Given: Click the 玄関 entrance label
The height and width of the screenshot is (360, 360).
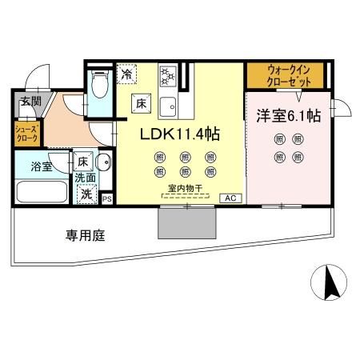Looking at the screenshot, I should pyautogui.click(x=31, y=102).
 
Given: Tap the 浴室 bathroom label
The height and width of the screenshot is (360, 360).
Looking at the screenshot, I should pyautogui.click(x=41, y=167).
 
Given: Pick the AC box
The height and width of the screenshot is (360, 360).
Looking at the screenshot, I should pyautogui.click(x=228, y=198).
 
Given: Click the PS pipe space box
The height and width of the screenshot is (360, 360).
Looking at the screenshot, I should pyautogui.click(x=106, y=198).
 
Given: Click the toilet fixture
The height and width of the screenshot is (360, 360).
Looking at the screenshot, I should pyautogui.click(x=99, y=83).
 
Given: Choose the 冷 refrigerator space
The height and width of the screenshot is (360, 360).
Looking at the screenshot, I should pyautogui.click(x=127, y=74).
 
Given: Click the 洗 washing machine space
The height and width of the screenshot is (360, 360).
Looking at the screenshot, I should pyautogui.click(x=85, y=193).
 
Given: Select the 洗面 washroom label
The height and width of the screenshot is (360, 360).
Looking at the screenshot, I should pyautogui.click(x=86, y=178).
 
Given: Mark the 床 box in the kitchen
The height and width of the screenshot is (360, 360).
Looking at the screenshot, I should pyautogui.click(x=140, y=102).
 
